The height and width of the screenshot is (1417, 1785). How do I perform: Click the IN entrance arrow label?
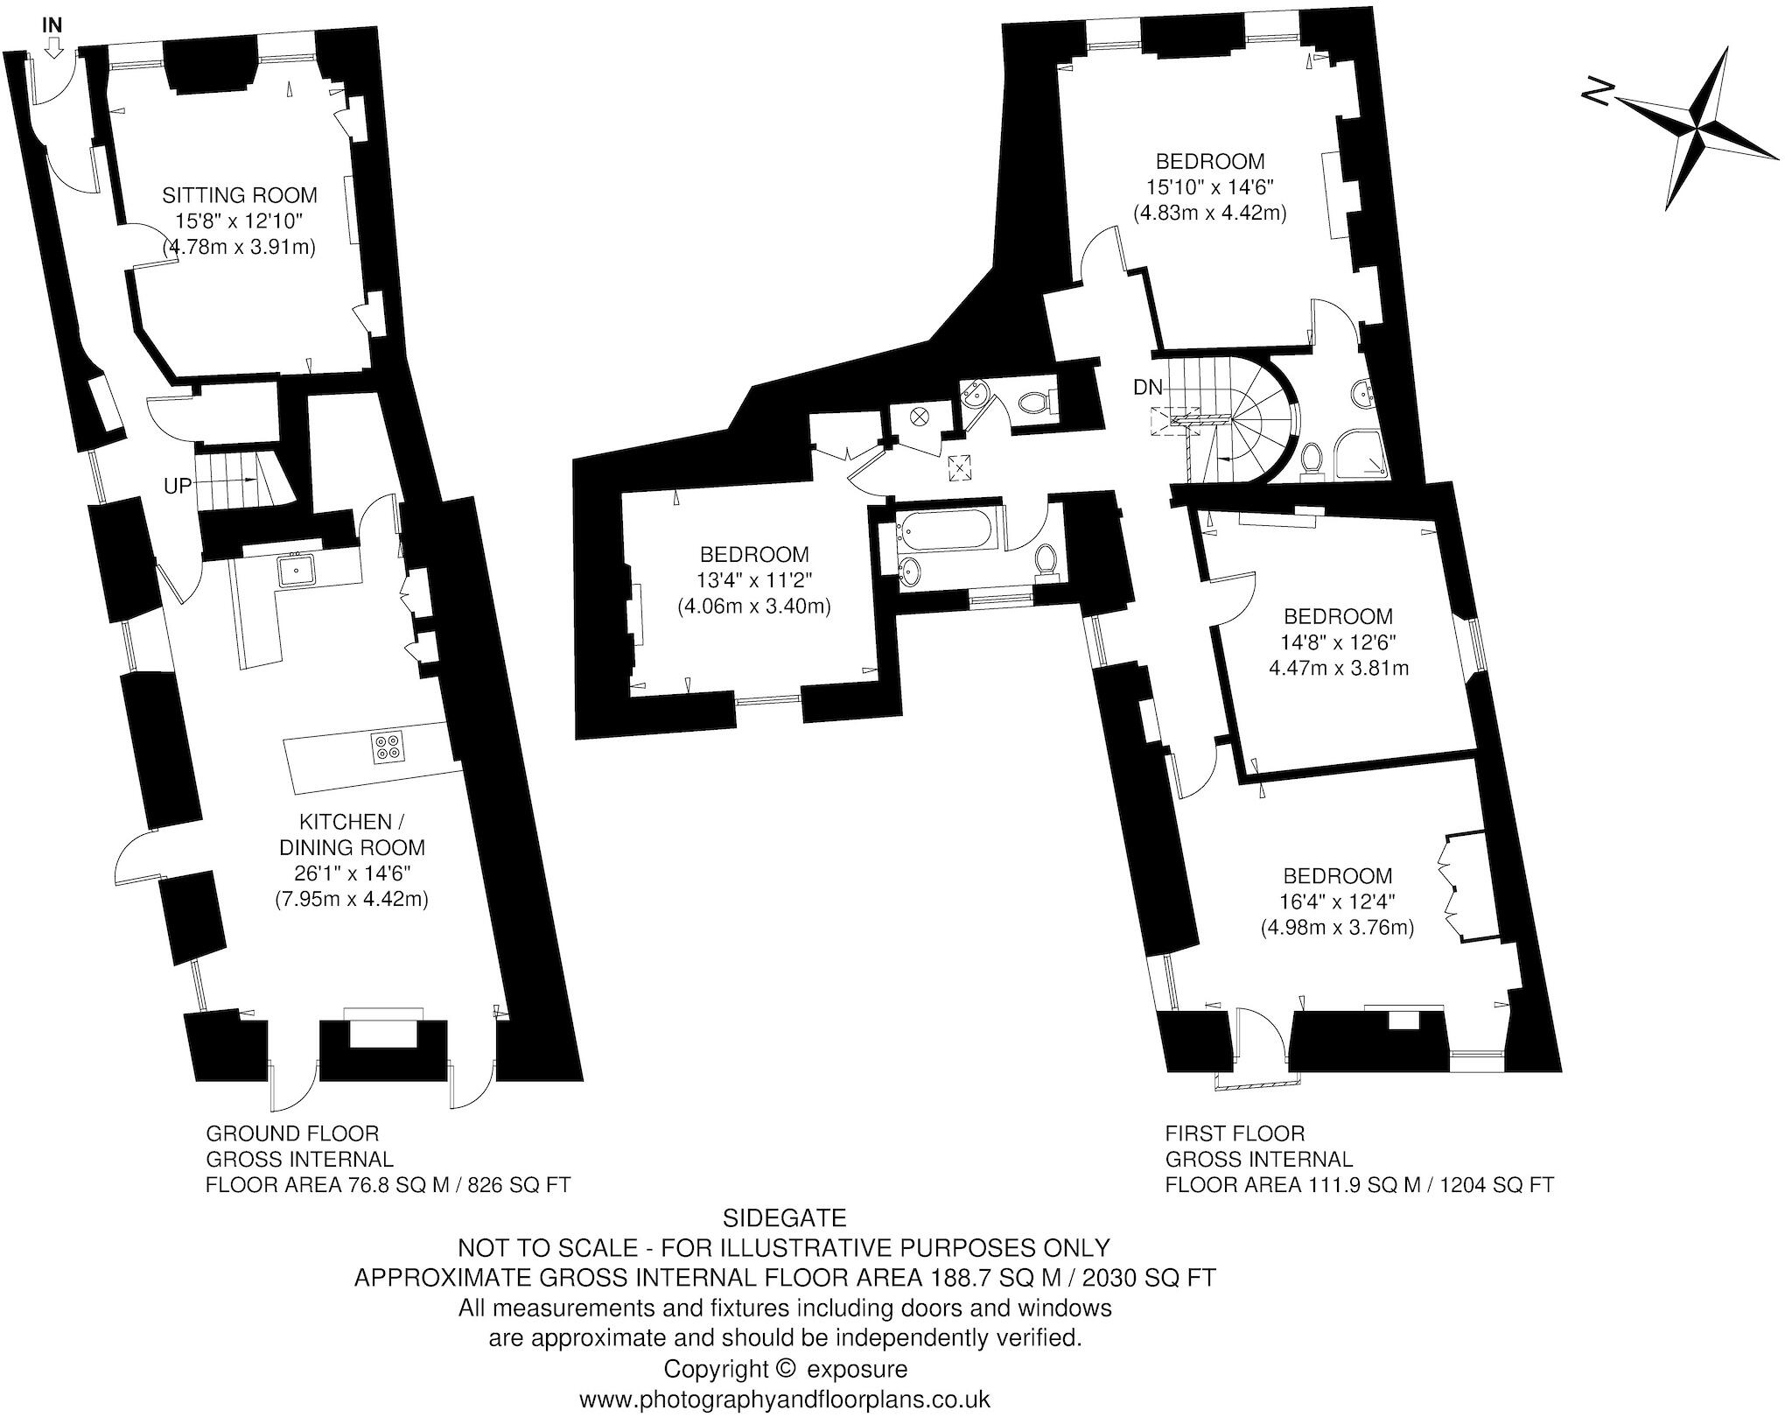tap(52, 26)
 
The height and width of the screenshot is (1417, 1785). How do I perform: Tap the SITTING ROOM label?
tap(239, 195)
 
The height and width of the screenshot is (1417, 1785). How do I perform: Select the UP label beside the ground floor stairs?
tap(178, 486)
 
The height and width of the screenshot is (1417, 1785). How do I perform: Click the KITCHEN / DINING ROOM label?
tap(352, 834)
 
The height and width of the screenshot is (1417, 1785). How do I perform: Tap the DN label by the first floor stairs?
tap(1147, 388)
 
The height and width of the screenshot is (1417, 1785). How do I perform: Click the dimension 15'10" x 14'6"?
tap(1210, 186)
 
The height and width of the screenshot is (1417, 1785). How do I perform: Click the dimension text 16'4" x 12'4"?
tap(1337, 901)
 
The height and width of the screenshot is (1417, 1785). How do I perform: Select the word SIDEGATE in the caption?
tap(785, 1217)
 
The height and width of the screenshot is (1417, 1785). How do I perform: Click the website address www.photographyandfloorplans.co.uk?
tap(785, 1399)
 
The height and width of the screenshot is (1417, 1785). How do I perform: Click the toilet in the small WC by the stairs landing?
tap(1035, 403)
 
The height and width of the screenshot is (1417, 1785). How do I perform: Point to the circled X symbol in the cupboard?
tap(920, 417)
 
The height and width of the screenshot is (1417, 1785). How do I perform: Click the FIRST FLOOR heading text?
tap(1235, 1133)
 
